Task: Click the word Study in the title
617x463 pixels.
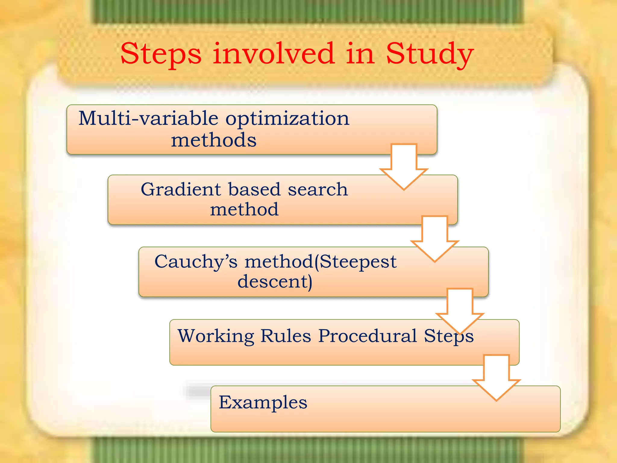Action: click(430, 54)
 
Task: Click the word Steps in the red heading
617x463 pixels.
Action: click(161, 54)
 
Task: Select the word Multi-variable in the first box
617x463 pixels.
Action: click(148, 118)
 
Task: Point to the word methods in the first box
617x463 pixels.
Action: click(214, 140)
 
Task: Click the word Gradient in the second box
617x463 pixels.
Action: click(181, 190)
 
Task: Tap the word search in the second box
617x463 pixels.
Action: click(318, 190)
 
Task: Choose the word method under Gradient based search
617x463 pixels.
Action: click(244, 209)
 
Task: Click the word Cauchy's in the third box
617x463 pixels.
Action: click(196, 261)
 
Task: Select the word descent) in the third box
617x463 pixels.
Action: click(275, 282)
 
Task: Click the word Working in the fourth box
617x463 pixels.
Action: click(216, 336)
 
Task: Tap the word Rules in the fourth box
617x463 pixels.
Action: click(285, 336)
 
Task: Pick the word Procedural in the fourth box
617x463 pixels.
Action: click(368, 336)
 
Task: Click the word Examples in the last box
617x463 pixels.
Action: click(263, 402)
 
